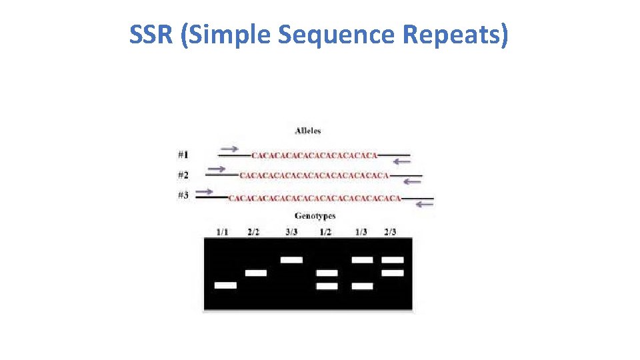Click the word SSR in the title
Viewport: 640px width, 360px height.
pyautogui.click(x=151, y=35)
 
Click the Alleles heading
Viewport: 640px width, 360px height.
pyautogui.click(x=307, y=131)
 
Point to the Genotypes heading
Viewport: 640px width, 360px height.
pyautogui.click(x=315, y=216)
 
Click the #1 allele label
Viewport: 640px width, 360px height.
pyautogui.click(x=183, y=155)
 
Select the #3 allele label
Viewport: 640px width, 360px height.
pyautogui.click(x=183, y=195)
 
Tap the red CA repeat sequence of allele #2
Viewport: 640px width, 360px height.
pyautogui.click(x=313, y=176)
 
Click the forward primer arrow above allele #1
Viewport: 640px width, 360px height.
pyautogui.click(x=230, y=148)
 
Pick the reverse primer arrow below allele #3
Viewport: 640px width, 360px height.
pyautogui.click(x=424, y=204)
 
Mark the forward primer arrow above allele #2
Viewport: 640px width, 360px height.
pyautogui.click(x=216, y=169)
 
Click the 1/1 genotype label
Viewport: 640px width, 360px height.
pyautogui.click(x=222, y=232)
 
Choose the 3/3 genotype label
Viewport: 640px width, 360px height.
pyautogui.click(x=291, y=232)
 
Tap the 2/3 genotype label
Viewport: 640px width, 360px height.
pyautogui.click(x=390, y=232)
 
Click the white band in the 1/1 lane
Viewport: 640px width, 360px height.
pyautogui.click(x=225, y=285)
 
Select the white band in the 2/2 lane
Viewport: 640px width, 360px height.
pyautogui.click(x=256, y=273)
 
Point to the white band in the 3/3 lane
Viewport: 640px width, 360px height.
pyautogui.click(x=291, y=259)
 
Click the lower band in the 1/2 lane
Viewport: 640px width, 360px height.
pyautogui.click(x=327, y=285)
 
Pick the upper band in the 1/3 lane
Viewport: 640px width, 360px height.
pyautogui.click(x=362, y=259)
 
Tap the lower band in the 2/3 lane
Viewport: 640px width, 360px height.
pyautogui.click(x=393, y=273)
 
